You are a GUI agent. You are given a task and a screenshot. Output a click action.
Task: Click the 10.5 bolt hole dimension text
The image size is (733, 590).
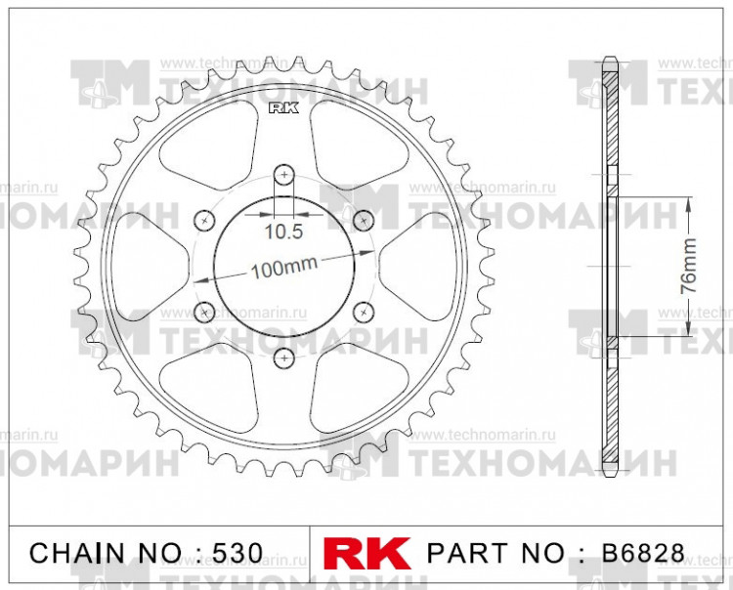pos(283,232)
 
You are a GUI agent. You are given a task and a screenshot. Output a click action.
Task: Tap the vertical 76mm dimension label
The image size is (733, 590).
pos(688,265)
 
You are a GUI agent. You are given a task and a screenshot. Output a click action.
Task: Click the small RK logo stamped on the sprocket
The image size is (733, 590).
pos(282,108)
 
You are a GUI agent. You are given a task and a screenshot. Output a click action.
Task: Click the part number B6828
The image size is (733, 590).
pos(641,553)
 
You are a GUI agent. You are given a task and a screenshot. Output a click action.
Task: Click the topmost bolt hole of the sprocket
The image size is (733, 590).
pos(284,174)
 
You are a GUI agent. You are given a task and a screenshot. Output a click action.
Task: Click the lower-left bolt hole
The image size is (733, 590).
pos(205,312)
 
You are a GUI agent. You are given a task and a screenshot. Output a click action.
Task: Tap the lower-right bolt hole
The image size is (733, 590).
pos(364,312)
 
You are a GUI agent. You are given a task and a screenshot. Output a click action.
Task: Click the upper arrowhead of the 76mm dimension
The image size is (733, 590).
pos(690,199)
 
